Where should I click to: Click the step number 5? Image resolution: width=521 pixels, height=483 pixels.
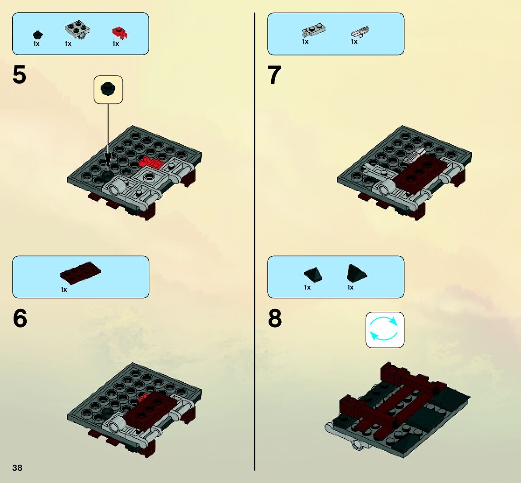click(x=19, y=75)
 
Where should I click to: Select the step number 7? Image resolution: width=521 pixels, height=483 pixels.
click(x=274, y=75)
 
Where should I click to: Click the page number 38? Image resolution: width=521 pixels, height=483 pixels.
click(x=17, y=468)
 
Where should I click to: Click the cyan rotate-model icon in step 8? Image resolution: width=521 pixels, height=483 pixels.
click(x=385, y=329)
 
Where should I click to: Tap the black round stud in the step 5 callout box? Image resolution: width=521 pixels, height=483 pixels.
click(x=108, y=89)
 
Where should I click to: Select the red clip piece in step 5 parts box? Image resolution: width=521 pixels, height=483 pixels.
click(x=120, y=33)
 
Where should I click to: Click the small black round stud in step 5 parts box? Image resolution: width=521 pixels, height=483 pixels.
click(x=38, y=35)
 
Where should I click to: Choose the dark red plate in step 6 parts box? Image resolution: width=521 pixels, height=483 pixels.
click(x=80, y=273)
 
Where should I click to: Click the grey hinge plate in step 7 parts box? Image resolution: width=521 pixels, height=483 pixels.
click(x=313, y=30)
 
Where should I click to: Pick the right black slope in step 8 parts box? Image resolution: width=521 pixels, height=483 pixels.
click(x=356, y=273)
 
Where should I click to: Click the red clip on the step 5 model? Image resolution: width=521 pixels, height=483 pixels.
click(x=151, y=162)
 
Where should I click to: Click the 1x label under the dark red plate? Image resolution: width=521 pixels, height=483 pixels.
click(x=64, y=290)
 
